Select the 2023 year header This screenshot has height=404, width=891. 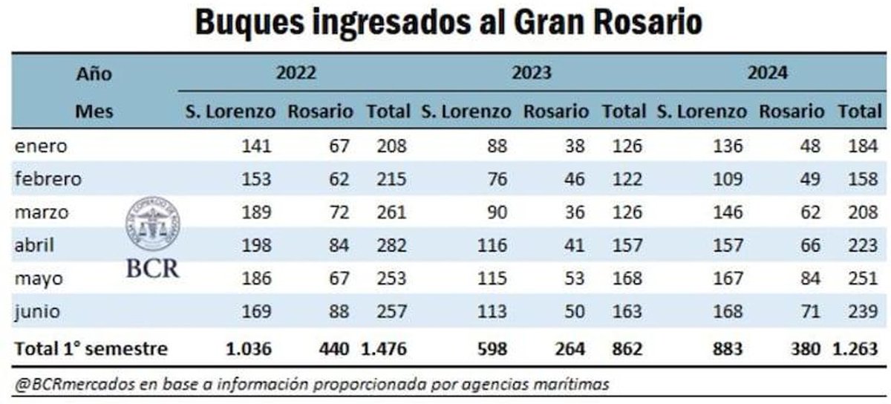pyautogui.click(x=531, y=74)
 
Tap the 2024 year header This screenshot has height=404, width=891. pyautogui.click(x=767, y=74)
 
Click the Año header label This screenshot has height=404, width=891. pyautogui.click(x=94, y=74)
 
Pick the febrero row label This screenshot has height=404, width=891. pyautogui.click(x=48, y=179)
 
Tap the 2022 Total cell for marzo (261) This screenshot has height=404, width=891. pyautogui.click(x=391, y=212)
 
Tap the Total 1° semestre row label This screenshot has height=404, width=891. pyautogui.click(x=91, y=348)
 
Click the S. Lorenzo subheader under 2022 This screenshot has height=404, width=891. pyautogui.click(x=230, y=112)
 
